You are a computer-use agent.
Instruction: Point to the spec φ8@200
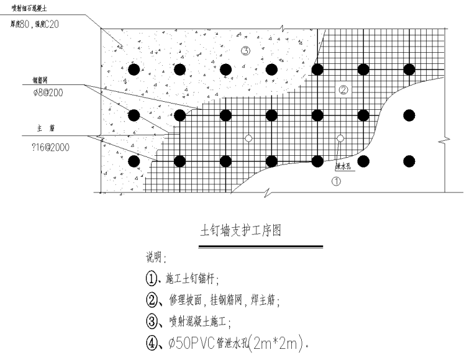pyautogui.click(x=48, y=93)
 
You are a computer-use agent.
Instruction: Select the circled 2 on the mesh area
pyautogui.click(x=343, y=90)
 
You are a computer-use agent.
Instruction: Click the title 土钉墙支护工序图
pyautogui.click(x=240, y=232)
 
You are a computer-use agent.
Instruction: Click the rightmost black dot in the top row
pyautogui.click(x=409, y=68)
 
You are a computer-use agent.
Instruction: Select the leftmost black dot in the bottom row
pyautogui.click(x=134, y=161)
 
